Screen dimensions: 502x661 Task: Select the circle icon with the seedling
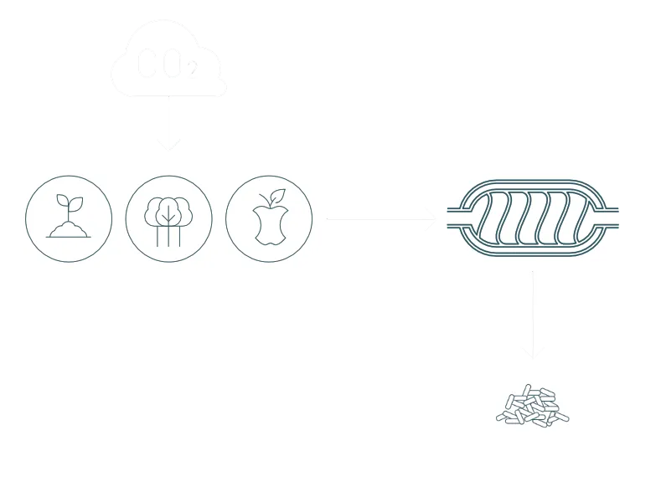coord(69,218)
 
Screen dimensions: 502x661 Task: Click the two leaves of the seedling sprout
coord(63,202)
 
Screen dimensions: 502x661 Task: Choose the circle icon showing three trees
coord(168,218)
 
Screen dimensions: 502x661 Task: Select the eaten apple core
coord(269,223)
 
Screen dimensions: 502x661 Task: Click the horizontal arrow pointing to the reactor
coord(381,218)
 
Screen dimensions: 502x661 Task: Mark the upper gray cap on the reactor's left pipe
coord(445,210)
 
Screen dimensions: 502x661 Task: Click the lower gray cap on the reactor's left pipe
coord(445,226)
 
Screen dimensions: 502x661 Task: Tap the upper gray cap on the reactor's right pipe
coord(621,210)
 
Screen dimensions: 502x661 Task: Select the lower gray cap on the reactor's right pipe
coord(621,226)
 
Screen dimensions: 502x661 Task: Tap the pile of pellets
coord(532,407)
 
